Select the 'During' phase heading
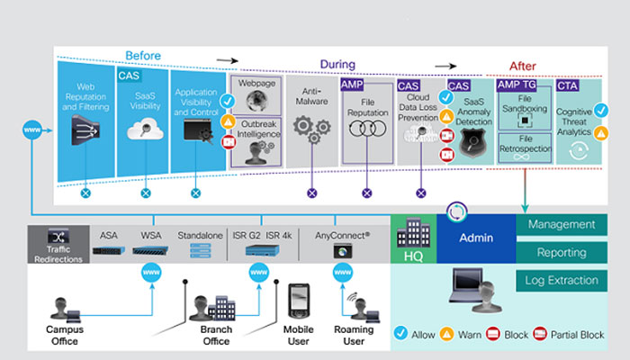coord(337,66)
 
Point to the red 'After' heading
coord(523,66)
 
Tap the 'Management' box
coord(562,224)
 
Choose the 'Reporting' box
coord(562,253)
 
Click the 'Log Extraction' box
coord(562,281)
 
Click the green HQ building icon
coord(413,238)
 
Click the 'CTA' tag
coord(568,85)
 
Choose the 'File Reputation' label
coord(366,112)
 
